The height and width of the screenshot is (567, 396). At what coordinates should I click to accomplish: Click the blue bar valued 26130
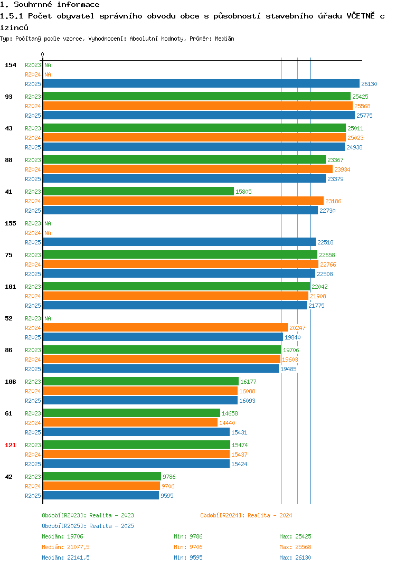(x=202, y=83)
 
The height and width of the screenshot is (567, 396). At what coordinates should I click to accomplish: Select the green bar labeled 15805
(x=138, y=191)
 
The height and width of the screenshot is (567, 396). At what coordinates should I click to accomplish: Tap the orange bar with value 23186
(x=183, y=201)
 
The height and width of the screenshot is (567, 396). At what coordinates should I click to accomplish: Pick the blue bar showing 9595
(x=101, y=495)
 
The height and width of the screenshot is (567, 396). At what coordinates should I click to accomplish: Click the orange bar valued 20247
(x=166, y=328)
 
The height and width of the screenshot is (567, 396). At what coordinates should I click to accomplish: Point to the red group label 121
(x=11, y=445)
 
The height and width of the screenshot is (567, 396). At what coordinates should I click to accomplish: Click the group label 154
(x=11, y=65)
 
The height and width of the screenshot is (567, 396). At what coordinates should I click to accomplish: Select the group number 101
(x=11, y=287)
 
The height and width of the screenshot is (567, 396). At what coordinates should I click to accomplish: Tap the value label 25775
(x=364, y=116)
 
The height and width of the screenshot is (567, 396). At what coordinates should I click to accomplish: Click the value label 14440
(x=227, y=423)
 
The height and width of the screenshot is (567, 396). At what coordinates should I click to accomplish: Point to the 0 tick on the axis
(x=43, y=54)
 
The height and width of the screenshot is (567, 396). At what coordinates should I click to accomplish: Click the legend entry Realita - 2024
(x=246, y=515)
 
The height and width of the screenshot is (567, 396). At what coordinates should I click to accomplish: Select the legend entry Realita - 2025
(x=88, y=526)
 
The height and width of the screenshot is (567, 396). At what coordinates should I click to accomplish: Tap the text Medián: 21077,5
(x=65, y=547)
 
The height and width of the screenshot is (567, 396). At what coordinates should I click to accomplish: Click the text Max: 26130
(x=295, y=557)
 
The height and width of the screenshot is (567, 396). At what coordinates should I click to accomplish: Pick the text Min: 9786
(x=188, y=536)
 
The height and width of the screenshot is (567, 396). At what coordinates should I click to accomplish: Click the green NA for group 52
(x=48, y=318)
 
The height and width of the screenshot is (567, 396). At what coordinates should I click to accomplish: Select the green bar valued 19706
(x=163, y=349)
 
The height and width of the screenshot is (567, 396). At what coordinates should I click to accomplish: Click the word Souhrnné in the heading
(x=33, y=4)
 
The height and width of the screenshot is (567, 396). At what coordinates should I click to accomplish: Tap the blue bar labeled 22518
(x=180, y=242)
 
